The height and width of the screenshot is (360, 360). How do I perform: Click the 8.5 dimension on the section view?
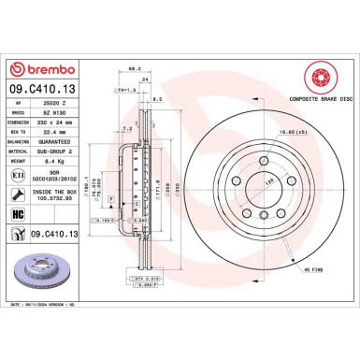pyautogui.click(x=156, y=99)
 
